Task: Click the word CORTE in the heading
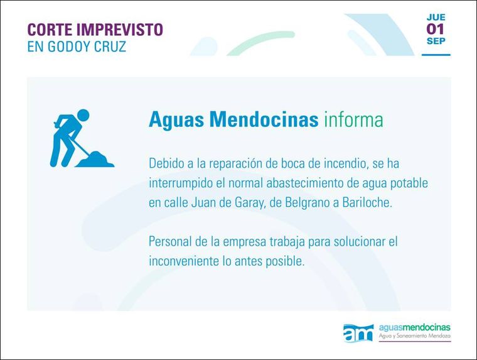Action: [x=49, y=30]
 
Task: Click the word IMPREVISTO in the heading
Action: [x=119, y=30]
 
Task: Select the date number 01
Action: [x=436, y=29]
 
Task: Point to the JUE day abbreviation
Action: [x=436, y=17]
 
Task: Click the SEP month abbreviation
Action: [x=436, y=41]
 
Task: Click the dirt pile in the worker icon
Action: [x=95, y=160]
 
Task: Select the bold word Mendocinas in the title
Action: [x=264, y=119]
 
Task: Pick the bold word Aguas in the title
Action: [x=176, y=120]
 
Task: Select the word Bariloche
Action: [x=367, y=202]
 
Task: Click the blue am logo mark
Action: [x=358, y=333]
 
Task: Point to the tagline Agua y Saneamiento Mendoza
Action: [x=415, y=336]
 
